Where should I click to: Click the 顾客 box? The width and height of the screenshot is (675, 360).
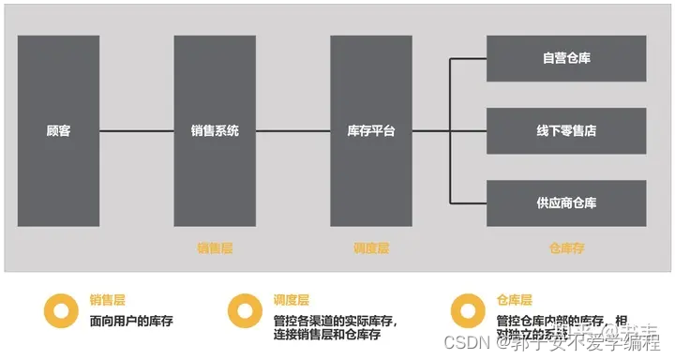coord(58,131)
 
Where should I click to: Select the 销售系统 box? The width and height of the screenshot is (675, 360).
coord(215,131)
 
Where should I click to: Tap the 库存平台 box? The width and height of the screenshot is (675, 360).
coord(371,131)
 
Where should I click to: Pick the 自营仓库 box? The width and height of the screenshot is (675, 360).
coord(566,58)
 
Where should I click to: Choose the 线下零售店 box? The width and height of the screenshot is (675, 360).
coord(566,130)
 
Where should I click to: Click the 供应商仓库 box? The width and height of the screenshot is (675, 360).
coord(566,202)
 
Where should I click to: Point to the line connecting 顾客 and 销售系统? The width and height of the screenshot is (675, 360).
coord(136,131)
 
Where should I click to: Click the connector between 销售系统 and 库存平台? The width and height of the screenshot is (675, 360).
coord(292,131)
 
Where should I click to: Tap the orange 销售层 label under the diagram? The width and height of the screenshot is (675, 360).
coord(215,248)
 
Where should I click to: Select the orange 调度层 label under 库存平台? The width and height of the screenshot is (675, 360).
coord(371,248)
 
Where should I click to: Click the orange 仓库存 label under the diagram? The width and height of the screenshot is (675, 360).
coord(566,248)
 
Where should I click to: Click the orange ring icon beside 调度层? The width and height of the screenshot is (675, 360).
coord(246,310)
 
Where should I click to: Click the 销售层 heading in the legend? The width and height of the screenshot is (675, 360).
coord(108,301)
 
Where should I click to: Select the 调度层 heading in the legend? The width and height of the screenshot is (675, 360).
coord(292,301)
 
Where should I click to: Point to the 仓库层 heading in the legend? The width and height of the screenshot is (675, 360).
coord(515,301)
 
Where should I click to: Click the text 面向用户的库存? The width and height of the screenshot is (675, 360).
coord(131,322)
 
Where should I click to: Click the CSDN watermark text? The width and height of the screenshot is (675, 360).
coord(469,342)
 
